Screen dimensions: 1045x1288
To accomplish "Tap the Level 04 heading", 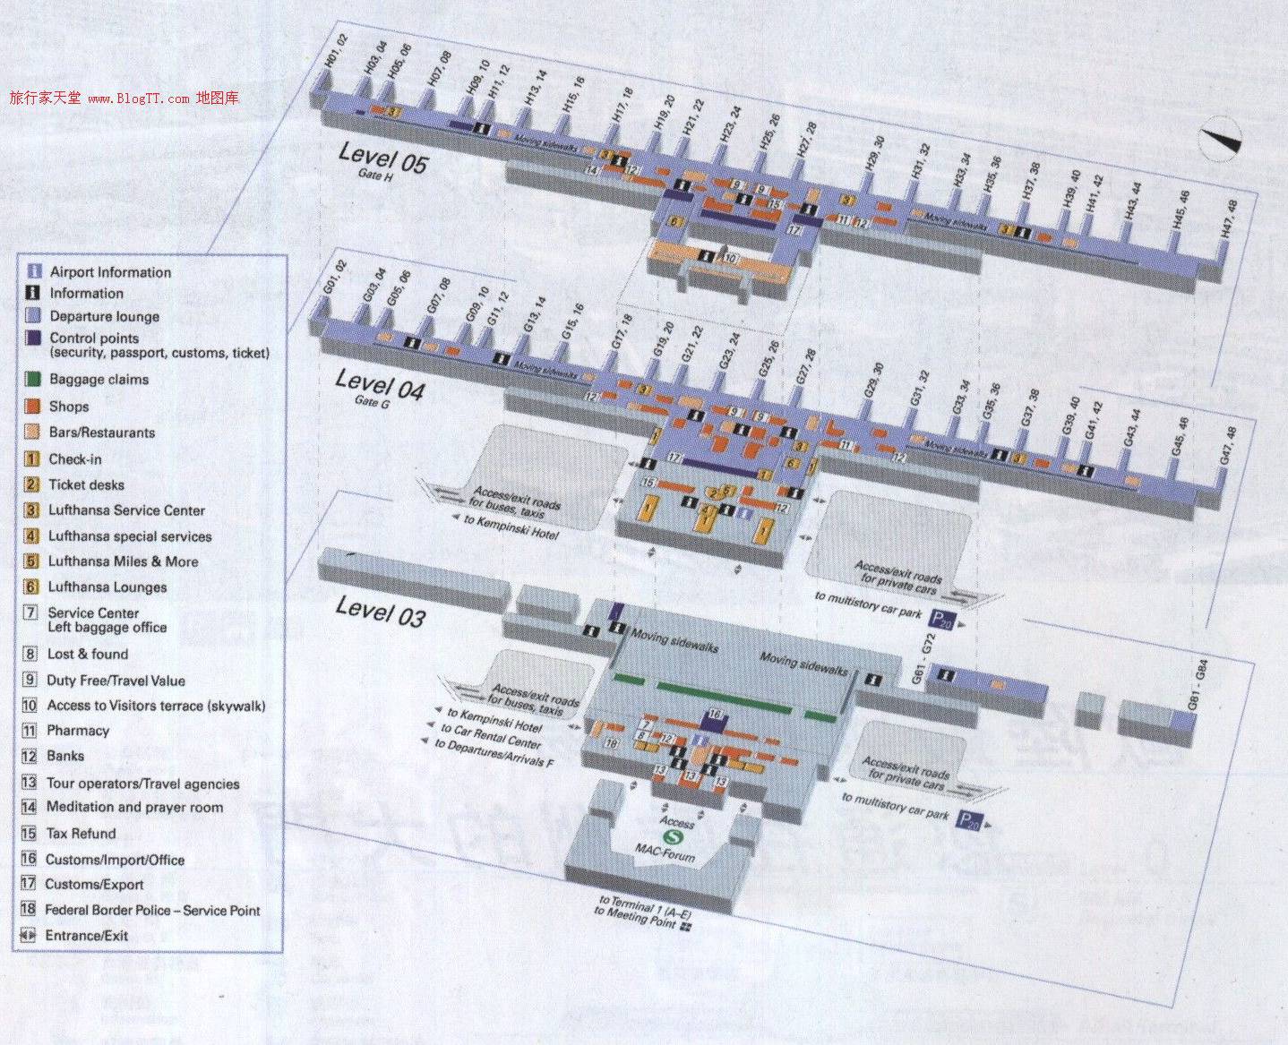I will point(379,385).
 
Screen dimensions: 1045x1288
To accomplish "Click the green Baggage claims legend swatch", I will point(33,379).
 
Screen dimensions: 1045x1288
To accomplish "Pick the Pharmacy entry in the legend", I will point(78,731).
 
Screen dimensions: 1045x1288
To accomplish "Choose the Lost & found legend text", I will point(88,654).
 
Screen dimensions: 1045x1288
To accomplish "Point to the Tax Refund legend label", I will point(82,834).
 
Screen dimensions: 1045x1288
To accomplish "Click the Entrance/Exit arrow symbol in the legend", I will point(29,936).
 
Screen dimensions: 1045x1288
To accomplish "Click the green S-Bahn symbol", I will point(668,836).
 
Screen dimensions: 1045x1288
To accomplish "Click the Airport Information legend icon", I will point(34,271).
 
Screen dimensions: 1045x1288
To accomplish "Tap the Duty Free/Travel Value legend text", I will point(116,681).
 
